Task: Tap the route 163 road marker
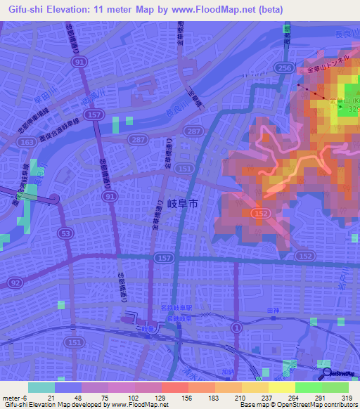pyautogui.click(x=29, y=142)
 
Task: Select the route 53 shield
pyautogui.click(x=65, y=232)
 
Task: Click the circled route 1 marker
pyautogui.click(x=237, y=328)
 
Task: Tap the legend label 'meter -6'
pyautogui.click(x=15, y=397)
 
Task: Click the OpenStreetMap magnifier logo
pyautogui.click(x=328, y=374)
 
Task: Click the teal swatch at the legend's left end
pyautogui.click(x=41, y=387)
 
